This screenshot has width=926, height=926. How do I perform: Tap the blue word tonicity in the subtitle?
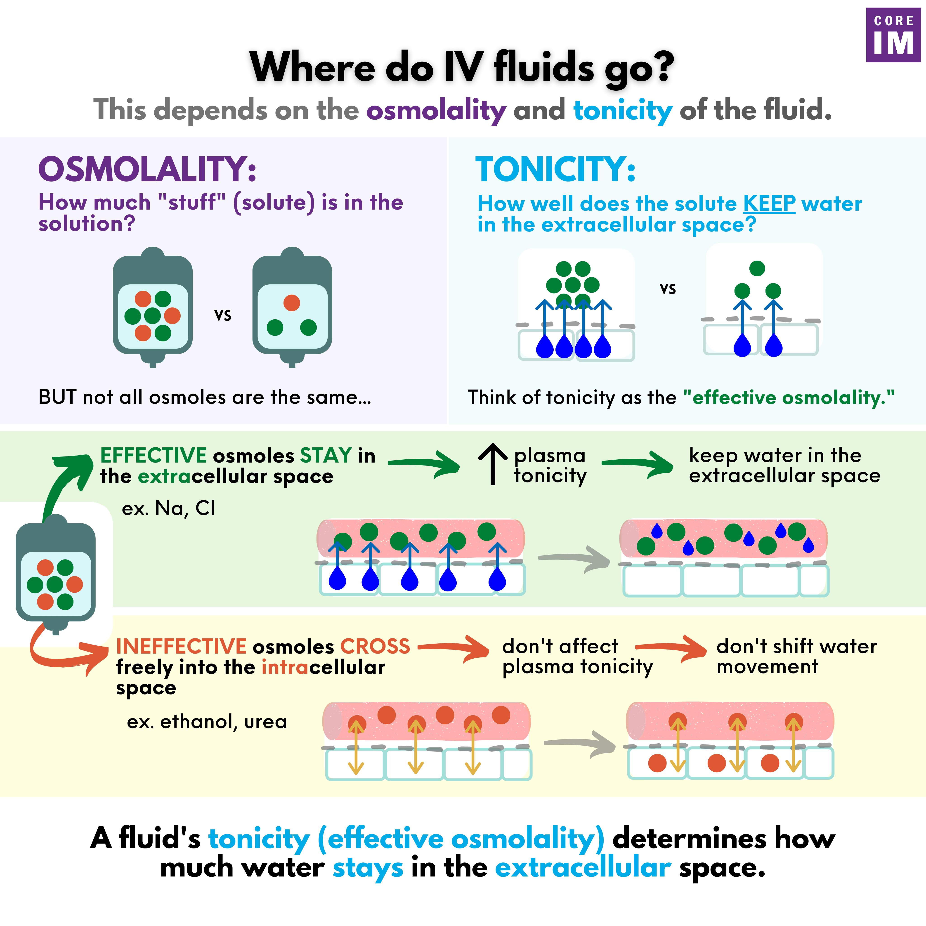pos(623,110)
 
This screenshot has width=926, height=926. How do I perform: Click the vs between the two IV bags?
pos(222,315)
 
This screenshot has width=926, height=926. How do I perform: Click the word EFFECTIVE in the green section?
pos(153,455)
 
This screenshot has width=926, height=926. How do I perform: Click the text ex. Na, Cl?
pos(168,508)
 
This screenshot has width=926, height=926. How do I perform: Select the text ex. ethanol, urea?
pos(207,721)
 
